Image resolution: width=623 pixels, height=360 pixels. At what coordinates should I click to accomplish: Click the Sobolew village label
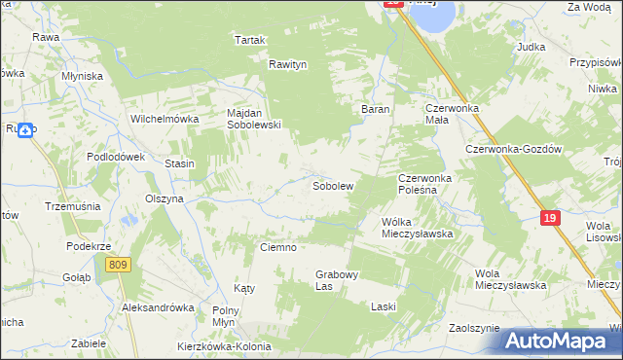point(332,185)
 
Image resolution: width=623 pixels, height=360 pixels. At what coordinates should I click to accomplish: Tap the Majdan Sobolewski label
point(253,119)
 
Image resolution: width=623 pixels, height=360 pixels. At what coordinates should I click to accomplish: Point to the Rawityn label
point(288,65)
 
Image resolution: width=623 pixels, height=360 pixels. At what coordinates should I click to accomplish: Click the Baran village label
point(376,110)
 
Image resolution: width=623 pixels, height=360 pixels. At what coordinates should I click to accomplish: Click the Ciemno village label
point(277,248)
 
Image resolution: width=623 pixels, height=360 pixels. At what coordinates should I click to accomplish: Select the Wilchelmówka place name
point(165,120)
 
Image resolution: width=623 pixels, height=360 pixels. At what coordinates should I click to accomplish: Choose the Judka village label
point(531,47)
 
